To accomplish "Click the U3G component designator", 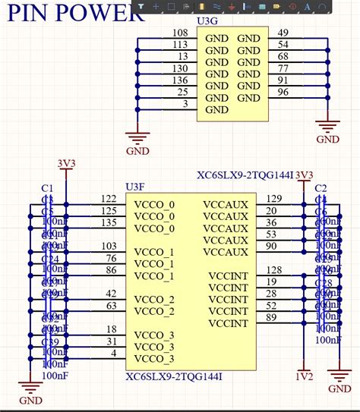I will pos(205,22).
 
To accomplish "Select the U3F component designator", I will pos(134,186).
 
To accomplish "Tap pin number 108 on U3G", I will pos(180,33).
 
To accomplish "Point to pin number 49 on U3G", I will pos(283,33).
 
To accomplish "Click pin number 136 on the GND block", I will pos(180,80).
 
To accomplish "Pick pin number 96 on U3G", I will pos(283,93).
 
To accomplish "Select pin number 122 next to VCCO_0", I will pos(109,199).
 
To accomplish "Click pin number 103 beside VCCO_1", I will pos(109,247).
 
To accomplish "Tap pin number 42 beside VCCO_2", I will pos(111,294).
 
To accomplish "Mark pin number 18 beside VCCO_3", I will pos(111,329).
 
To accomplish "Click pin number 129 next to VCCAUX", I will pos(273,199).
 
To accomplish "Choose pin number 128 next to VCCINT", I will pos(273,270).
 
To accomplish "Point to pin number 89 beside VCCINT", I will pos(272,317).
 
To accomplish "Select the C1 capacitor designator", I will pos(47,187).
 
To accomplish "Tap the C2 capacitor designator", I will pos(321,187).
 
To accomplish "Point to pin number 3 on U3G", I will pos(185,104).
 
